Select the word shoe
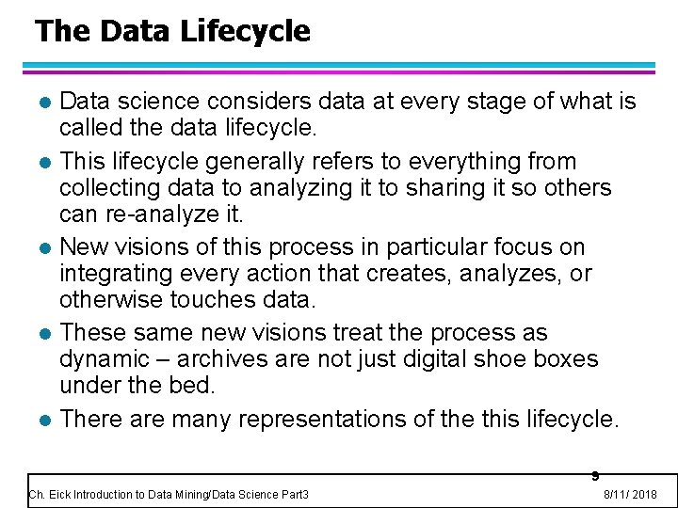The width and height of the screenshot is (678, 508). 503,359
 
